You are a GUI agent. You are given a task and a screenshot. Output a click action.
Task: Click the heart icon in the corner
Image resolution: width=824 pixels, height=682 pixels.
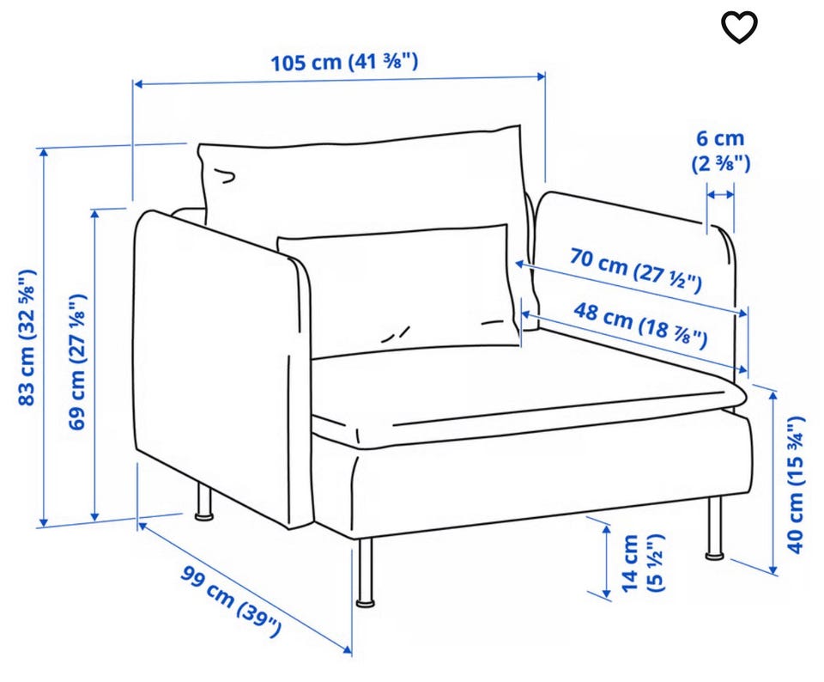coord(739,27)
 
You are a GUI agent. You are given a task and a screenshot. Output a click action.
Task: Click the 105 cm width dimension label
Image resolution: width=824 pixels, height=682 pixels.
coord(344,62)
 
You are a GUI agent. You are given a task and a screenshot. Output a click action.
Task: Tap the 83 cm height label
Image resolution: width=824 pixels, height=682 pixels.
coord(27,337)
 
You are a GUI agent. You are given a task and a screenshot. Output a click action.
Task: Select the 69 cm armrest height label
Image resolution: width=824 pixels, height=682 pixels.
coord(77,362)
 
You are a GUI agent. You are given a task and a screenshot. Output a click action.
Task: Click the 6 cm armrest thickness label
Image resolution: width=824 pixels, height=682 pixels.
coord(720,151)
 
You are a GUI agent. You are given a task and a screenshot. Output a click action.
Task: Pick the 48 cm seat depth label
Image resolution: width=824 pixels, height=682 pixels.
coord(639,325)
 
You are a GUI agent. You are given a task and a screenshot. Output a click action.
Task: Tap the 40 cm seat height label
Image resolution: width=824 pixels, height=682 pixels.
coord(796,484)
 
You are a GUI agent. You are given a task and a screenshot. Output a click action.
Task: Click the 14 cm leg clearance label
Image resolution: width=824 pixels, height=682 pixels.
coord(643,563)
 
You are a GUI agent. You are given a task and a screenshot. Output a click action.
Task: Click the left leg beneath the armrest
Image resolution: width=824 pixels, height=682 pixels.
coord(204,502)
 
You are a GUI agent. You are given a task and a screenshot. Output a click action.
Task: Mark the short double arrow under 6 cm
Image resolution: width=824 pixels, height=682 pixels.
coord(720,195)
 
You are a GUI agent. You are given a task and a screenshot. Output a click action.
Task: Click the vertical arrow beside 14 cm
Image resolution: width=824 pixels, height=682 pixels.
coord(607,561)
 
